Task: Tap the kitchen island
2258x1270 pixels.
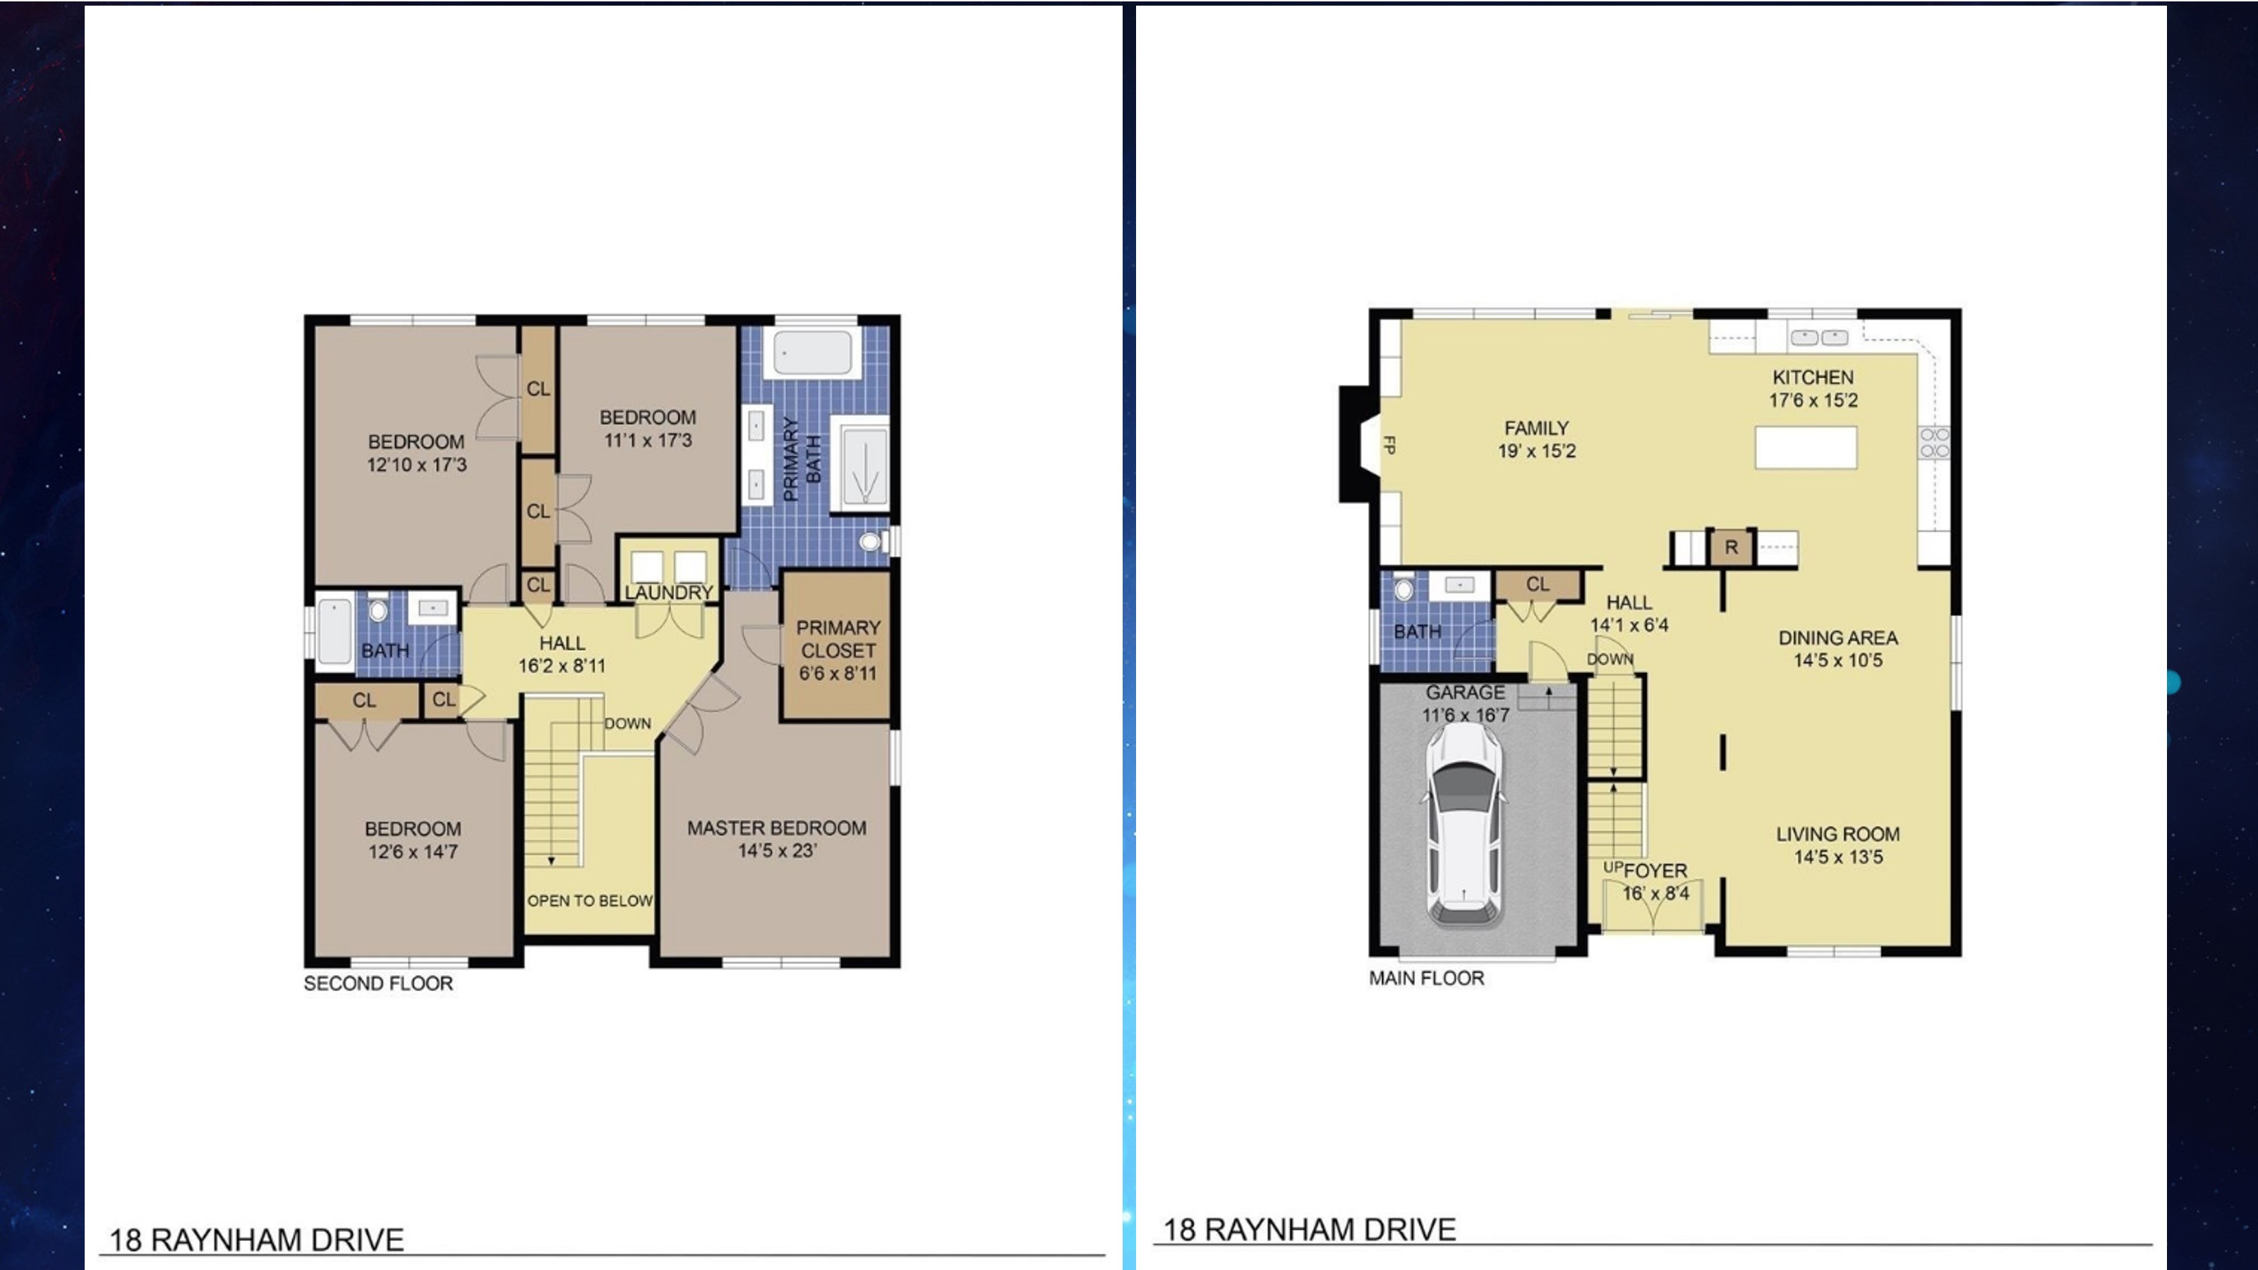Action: tap(1806, 448)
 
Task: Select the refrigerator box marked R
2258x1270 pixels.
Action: tap(1731, 548)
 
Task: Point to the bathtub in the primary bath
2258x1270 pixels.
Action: tap(811, 352)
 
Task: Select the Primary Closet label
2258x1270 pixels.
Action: tap(838, 639)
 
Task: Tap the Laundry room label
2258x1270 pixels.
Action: tap(669, 593)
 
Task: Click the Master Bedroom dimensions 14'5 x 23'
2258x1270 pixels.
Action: tap(777, 850)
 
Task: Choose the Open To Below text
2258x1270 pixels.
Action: tap(590, 900)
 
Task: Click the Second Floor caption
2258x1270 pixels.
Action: tap(379, 984)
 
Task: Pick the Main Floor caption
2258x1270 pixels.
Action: tap(1427, 978)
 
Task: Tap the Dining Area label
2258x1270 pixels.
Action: tap(1838, 638)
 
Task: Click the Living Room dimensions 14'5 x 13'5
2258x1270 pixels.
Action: tap(1838, 857)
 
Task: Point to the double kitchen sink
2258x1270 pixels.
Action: tap(1819, 337)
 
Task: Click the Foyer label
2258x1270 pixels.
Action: tap(1655, 871)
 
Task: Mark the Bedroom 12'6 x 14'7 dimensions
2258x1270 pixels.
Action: tap(413, 852)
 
